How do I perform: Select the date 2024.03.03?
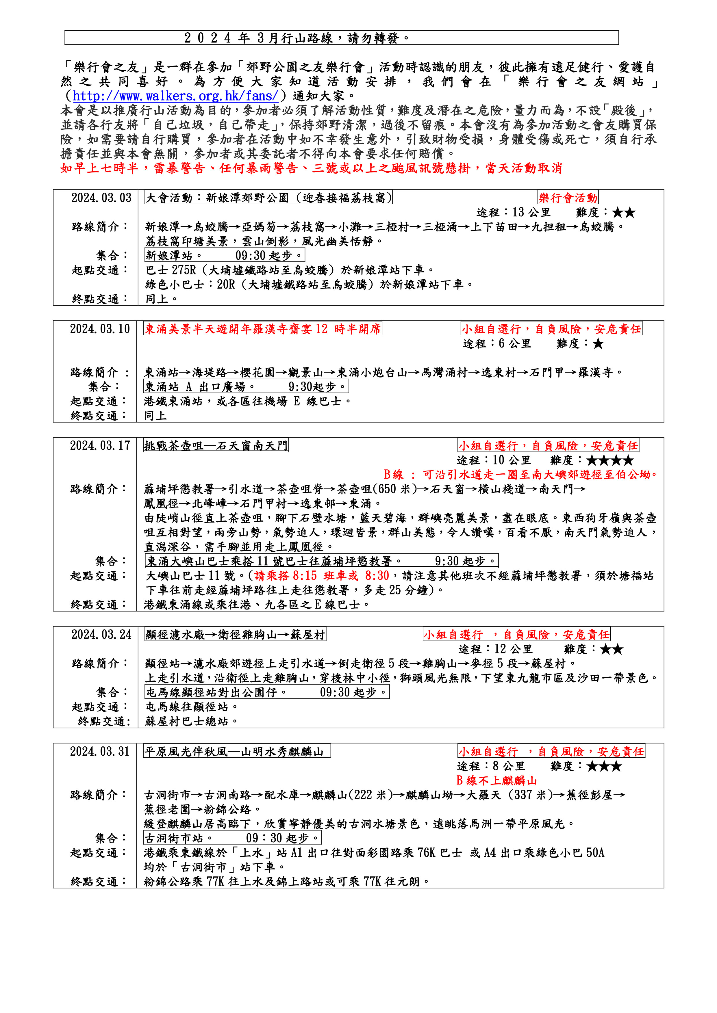101,198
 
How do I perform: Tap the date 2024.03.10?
100,329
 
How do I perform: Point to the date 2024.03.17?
100,446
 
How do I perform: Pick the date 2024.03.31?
100,751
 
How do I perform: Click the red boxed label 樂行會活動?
568,198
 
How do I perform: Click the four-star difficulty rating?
610,461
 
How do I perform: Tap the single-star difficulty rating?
598,344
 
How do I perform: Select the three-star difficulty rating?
604,766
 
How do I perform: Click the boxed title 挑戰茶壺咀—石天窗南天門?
216,446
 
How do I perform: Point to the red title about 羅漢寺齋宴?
263,329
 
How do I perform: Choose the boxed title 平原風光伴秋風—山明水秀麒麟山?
237,751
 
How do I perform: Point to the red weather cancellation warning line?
311,168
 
